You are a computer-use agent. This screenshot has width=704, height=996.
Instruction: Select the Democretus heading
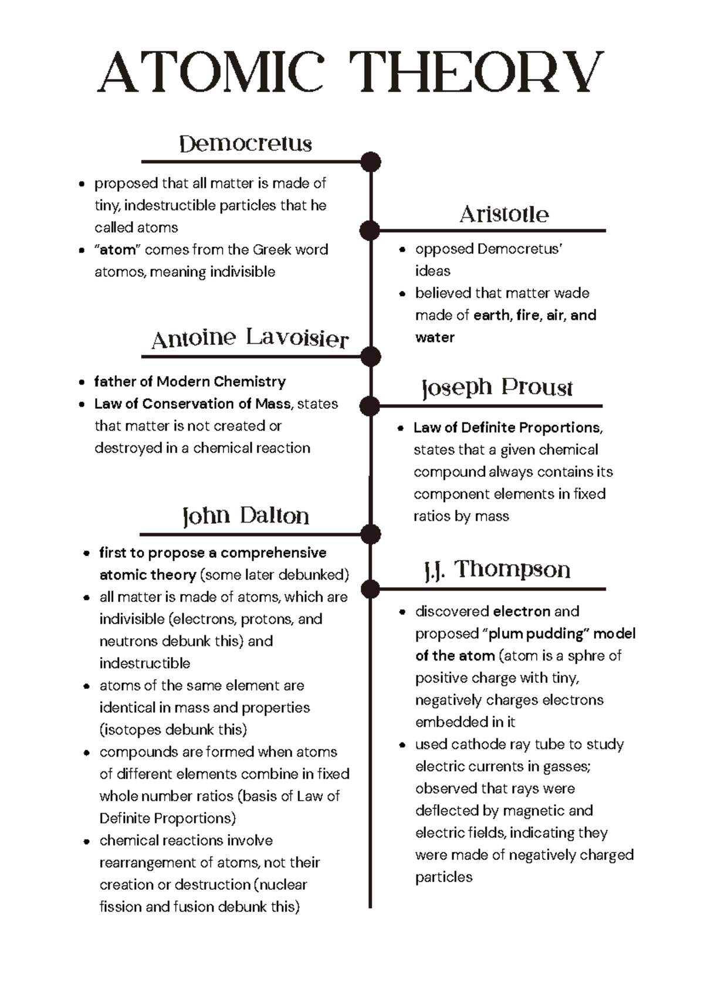coord(245,144)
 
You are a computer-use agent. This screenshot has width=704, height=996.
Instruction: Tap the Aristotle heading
coord(504,214)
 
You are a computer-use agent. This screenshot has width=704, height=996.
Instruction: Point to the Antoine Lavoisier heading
coord(250,338)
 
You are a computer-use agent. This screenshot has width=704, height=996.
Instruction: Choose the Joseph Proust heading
coord(497,388)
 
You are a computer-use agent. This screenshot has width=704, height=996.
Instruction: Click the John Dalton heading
coord(245,516)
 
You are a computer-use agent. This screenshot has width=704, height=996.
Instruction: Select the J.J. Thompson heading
coord(497,570)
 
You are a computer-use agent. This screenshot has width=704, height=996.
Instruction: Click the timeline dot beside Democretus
coord(371,162)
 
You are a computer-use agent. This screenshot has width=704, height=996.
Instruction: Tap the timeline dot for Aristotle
coord(370,231)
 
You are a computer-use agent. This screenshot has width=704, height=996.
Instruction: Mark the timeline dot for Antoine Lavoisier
coord(371,356)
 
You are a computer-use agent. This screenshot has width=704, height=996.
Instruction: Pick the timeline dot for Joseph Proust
coord(370,405)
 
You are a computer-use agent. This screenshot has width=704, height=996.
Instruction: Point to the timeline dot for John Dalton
coord(371,534)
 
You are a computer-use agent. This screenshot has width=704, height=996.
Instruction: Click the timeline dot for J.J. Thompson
coord(370,588)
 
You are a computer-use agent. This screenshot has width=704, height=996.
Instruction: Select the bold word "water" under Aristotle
coord(435,337)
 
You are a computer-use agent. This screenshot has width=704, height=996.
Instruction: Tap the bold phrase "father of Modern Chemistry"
coord(189,382)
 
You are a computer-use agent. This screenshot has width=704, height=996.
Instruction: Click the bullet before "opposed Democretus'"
coord(402,250)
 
